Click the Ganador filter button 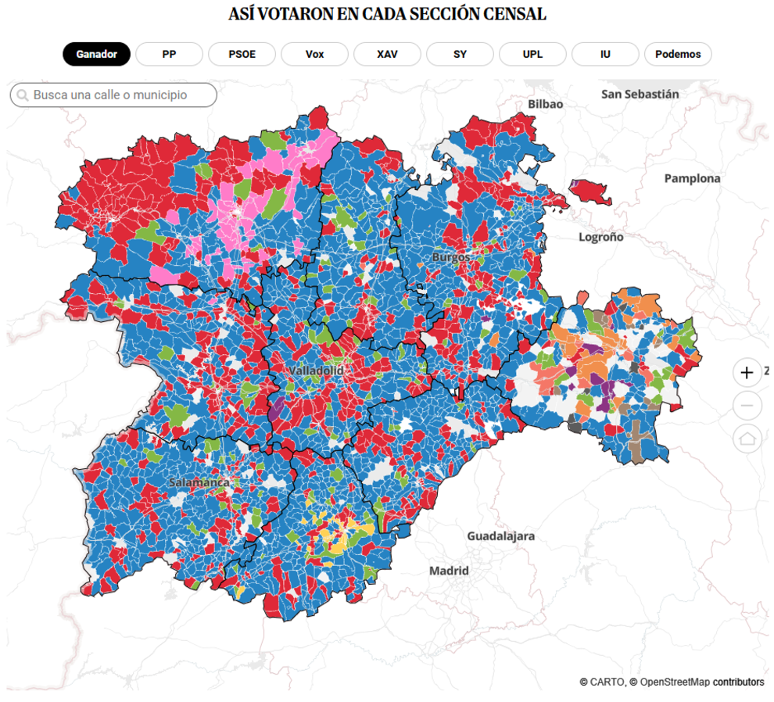click(96, 54)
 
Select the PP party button click(169, 54)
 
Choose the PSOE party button click(242, 54)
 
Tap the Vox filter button click(314, 54)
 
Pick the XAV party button click(387, 54)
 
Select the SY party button click(460, 54)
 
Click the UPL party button click(532, 54)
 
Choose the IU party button click(605, 54)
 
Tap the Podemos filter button click(678, 54)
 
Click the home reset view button click(747, 439)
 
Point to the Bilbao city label click(545, 104)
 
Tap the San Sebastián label click(640, 94)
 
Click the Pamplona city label click(692, 178)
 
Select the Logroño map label click(600, 237)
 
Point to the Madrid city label click(449, 571)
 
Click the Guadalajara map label click(500, 536)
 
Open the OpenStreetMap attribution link click(675, 682)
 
